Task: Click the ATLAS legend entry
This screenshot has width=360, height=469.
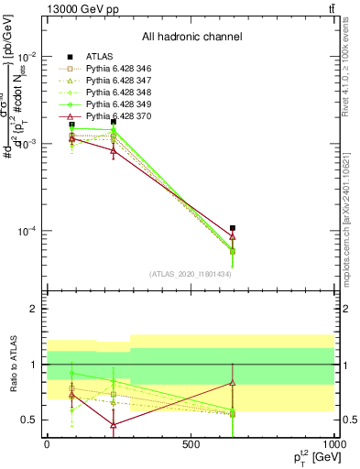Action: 100,57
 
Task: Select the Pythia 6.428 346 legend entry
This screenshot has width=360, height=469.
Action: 115,69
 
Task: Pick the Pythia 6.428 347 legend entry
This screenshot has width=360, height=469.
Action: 115,81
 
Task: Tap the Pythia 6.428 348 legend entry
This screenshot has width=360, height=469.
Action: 115,93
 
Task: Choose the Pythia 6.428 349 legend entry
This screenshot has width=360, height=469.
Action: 115,104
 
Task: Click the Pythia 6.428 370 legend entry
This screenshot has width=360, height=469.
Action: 115,116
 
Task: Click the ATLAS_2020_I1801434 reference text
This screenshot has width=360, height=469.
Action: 191,274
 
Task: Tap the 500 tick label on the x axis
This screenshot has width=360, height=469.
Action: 191,444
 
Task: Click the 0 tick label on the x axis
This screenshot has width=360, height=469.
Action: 47,444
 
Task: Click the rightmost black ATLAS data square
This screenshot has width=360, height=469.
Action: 233,228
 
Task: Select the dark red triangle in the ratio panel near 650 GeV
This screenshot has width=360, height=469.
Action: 233,382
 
